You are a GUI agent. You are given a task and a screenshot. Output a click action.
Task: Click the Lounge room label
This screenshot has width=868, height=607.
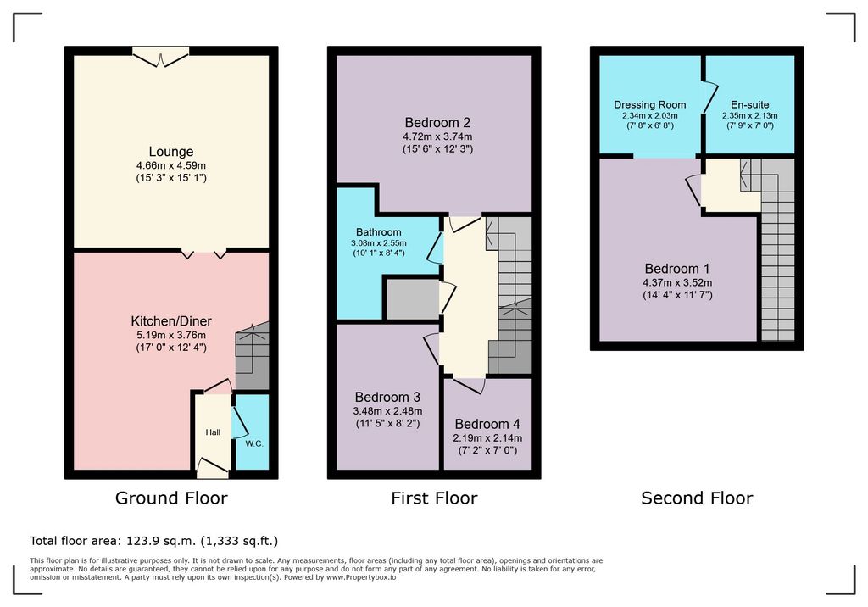tap(171, 152)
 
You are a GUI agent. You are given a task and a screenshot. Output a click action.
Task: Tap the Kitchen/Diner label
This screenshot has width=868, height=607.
tap(171, 321)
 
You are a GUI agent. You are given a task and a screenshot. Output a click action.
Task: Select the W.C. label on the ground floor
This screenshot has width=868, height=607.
tap(254, 443)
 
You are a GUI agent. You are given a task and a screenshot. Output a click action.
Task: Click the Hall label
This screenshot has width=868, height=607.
tap(213, 432)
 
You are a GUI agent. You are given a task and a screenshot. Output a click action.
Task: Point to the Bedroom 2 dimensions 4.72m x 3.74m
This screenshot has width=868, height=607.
tap(437, 136)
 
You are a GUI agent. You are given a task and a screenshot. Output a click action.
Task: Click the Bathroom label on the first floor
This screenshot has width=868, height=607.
tap(379, 232)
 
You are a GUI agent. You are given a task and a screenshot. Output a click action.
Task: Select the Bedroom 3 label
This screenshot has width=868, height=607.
tap(387, 397)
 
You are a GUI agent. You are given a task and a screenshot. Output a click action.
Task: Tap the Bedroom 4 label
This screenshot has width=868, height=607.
tap(487, 424)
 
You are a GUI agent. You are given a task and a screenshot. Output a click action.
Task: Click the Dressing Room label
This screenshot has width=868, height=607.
tap(650, 104)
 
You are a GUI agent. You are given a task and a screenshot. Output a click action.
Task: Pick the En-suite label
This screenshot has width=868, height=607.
tap(750, 104)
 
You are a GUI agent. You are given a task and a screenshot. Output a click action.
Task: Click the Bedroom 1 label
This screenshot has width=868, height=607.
tap(677, 269)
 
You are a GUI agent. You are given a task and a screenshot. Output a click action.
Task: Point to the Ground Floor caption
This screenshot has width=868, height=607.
tap(171, 498)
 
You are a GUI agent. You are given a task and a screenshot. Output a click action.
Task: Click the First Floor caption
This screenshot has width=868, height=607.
tap(434, 498)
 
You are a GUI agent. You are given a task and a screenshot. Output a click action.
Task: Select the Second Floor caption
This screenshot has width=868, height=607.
tap(697, 498)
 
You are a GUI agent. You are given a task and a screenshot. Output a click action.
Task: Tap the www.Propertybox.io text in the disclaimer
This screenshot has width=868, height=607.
tap(361, 577)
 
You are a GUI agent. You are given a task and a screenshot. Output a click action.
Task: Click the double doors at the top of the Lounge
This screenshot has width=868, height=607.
tap(160, 57)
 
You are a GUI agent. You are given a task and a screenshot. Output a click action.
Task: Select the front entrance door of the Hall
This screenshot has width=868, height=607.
tap(213, 469)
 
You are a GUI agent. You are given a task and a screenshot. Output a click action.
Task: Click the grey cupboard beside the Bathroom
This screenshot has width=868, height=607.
tap(413, 299)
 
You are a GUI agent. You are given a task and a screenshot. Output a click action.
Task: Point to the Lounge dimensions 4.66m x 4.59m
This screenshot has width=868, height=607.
tap(171, 165)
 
